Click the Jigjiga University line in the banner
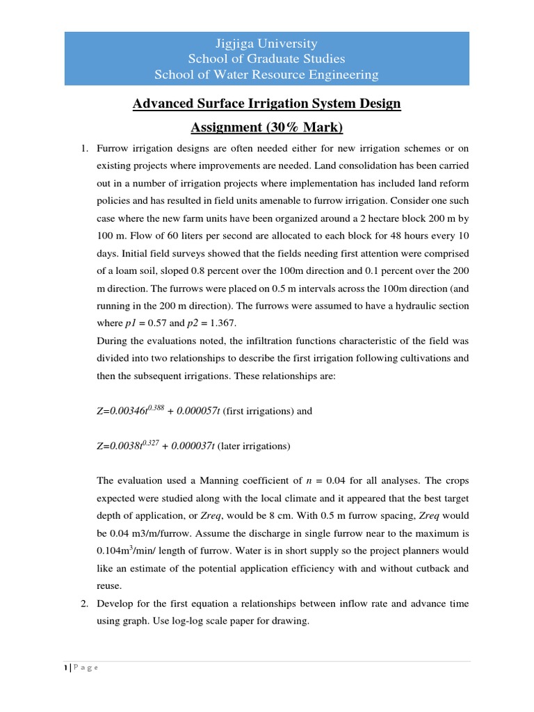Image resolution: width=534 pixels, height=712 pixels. tap(267, 43)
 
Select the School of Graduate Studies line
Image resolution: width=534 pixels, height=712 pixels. tap(267, 58)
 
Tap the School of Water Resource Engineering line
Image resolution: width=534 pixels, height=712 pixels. tap(267, 74)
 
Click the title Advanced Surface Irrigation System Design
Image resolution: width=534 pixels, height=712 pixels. tap(267, 104)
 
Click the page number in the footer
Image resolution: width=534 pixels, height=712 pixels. tap(66, 667)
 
